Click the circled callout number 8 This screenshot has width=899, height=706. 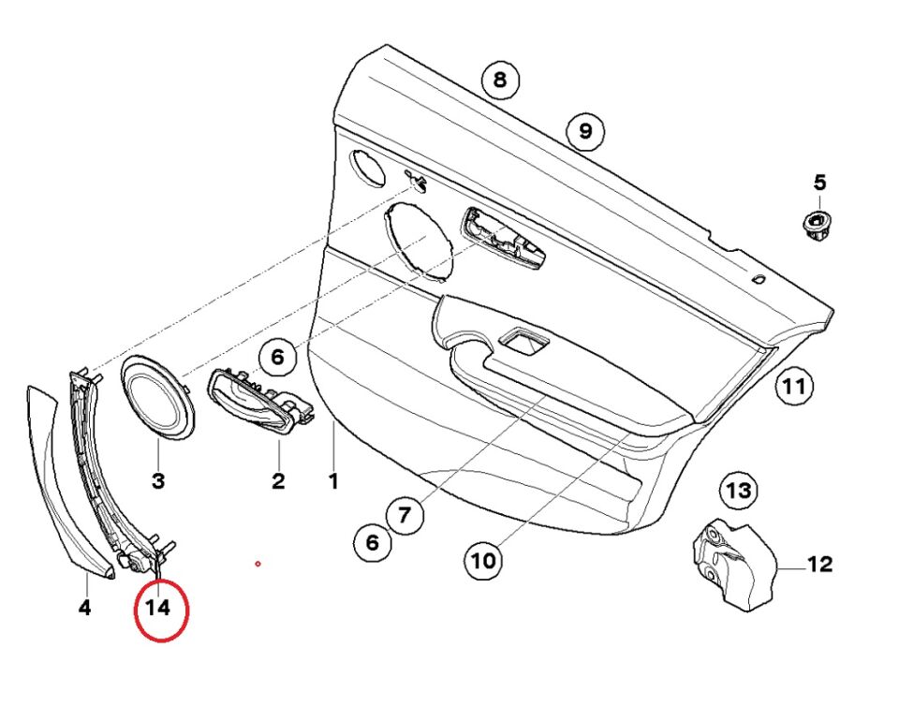coord(500,80)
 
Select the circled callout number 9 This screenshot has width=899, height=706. coord(585,130)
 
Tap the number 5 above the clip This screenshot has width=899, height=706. coord(819,182)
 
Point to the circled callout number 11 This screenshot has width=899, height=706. coord(794,385)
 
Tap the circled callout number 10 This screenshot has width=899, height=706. coord(483,561)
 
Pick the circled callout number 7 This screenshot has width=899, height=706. coord(405,514)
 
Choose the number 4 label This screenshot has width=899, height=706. coord(84,608)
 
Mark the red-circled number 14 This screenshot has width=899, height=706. coord(158,609)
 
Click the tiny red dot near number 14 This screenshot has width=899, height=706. coord(258,564)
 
